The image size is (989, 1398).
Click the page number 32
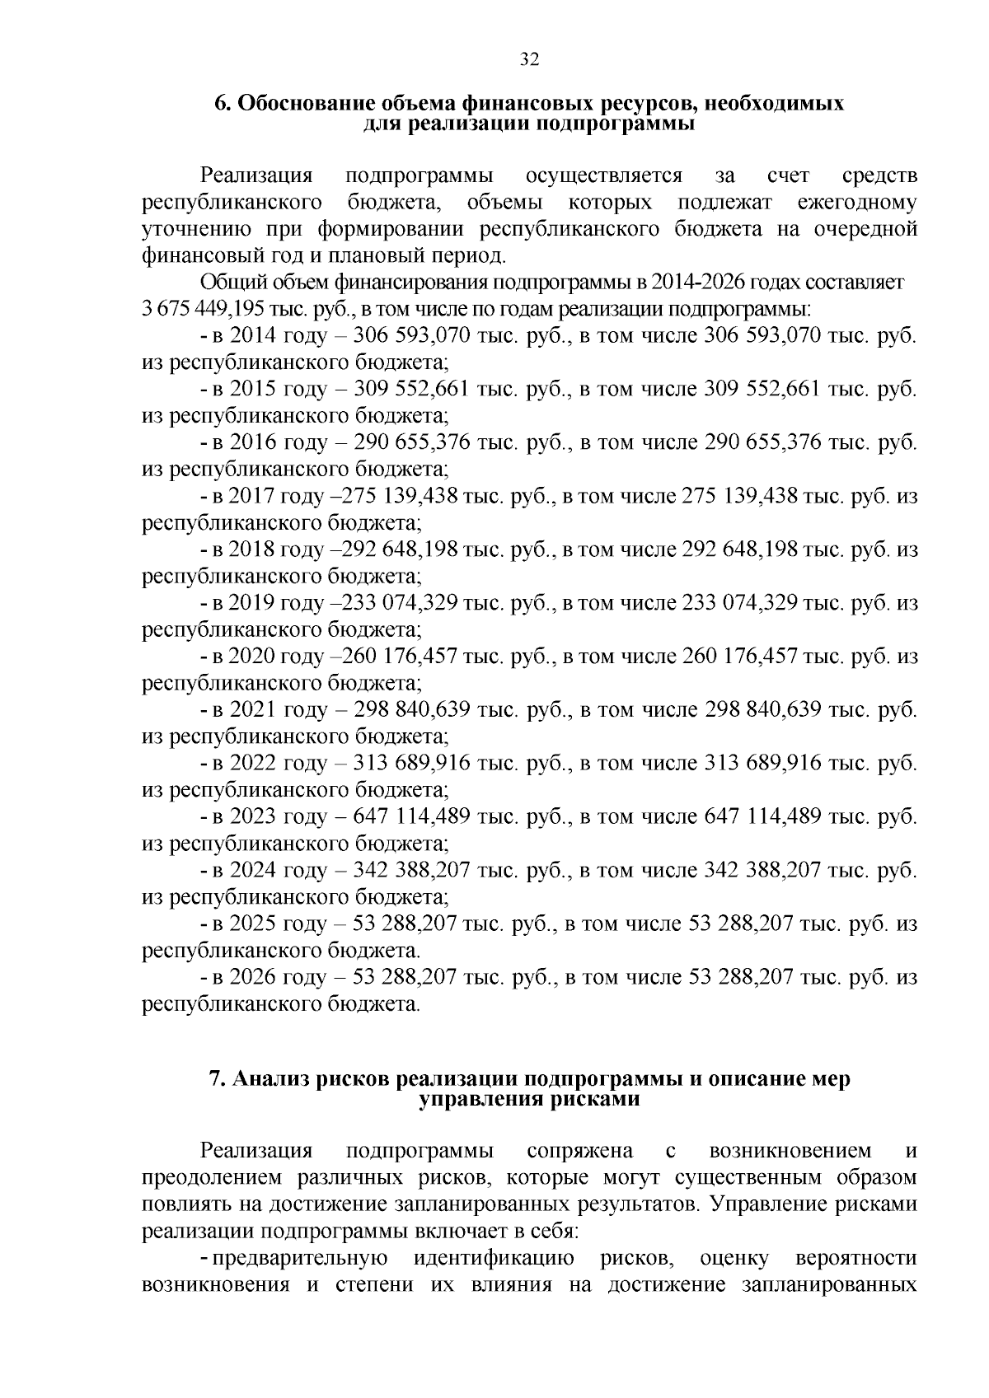pos(529,59)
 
